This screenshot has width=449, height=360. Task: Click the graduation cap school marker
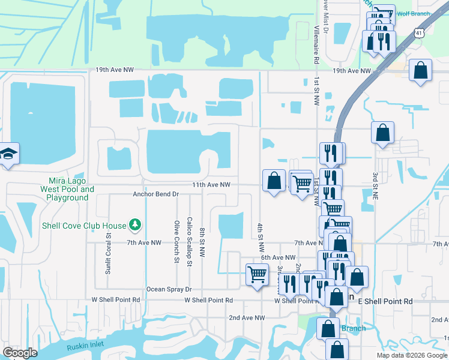8,155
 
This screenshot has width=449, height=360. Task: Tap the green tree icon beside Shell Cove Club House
136,225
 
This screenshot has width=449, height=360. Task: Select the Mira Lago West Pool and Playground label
67,189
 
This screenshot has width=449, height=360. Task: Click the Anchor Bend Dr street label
156,194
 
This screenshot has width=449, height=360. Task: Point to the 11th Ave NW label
211,185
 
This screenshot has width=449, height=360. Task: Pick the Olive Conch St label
176,241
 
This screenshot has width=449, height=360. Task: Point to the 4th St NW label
261,238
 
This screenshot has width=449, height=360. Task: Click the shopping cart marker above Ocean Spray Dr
257,274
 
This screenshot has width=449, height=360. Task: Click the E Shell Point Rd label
385,301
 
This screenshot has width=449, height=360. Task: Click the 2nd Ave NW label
247,317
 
